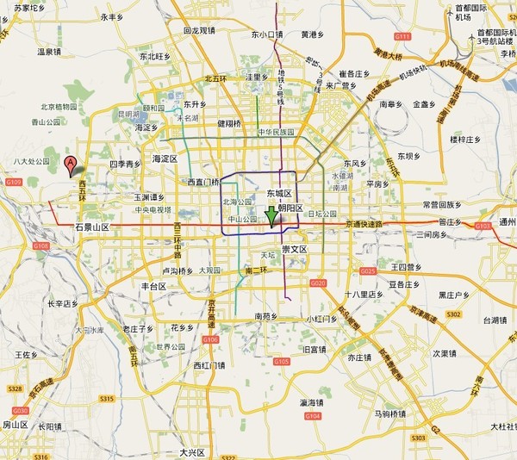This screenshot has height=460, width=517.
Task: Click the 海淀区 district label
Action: (164, 159)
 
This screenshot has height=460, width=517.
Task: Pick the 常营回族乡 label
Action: (442, 205)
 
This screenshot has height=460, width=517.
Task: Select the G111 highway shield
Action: (402, 37)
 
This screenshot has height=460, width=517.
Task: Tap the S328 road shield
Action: (15, 389)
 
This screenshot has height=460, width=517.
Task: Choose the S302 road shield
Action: (453, 315)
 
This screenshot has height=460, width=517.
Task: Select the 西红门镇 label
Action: (209, 365)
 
